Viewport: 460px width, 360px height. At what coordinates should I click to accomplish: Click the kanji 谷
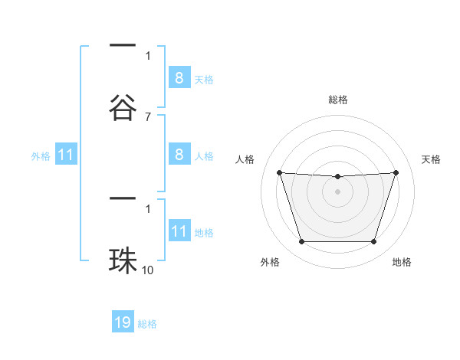[123, 106]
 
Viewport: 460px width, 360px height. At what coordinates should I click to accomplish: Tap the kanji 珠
[123, 261]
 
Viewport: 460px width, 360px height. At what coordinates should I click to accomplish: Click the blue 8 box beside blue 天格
[179, 78]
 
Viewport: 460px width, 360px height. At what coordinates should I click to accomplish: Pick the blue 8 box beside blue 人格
[179, 155]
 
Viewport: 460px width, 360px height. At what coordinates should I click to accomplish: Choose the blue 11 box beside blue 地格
[179, 231]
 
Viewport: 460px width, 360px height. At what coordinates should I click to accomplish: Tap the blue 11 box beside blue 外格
[66, 155]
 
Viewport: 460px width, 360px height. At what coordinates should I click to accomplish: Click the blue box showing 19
[123, 322]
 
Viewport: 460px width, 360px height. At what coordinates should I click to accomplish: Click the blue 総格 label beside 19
[147, 324]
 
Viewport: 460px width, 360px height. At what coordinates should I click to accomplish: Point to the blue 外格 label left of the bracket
[41, 156]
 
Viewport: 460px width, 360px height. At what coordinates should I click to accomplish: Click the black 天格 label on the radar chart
[432, 159]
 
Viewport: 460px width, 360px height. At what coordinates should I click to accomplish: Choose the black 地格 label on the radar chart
[402, 263]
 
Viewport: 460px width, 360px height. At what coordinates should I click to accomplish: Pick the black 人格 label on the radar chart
[246, 159]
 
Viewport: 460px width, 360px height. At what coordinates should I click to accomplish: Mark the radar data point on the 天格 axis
[396, 172]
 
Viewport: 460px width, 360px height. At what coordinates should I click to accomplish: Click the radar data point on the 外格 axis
[301, 242]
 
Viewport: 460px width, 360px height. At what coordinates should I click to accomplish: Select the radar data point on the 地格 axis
[373, 242]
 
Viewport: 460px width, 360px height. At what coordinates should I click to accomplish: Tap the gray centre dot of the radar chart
[337, 191]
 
